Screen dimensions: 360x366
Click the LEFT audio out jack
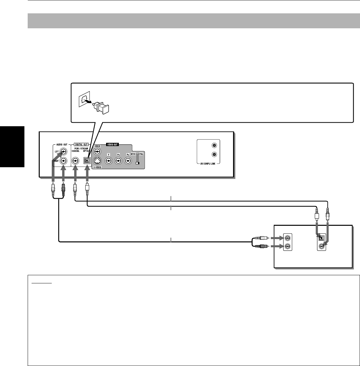pos(64,151)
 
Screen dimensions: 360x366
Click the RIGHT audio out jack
pos(64,160)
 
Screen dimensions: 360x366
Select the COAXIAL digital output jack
pos(75,160)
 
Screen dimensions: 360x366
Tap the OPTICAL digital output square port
pos(87,160)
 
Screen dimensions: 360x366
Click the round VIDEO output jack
pos(97,151)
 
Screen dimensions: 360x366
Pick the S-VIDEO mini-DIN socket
pos(97,160)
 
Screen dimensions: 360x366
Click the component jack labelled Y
pos(109,160)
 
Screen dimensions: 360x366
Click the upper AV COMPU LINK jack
pos(214,146)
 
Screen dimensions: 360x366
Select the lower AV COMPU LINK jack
pos(214,155)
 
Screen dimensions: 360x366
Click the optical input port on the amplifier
pos(322,238)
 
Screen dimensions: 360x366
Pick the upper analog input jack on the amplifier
pos(287,238)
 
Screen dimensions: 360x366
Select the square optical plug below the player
pos(87,188)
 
